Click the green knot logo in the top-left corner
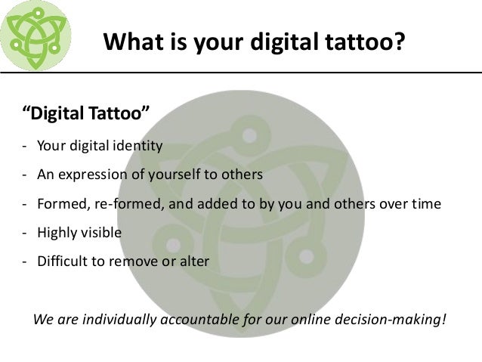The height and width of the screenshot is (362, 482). (x=36, y=35)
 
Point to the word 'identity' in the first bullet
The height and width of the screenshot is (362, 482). (x=138, y=145)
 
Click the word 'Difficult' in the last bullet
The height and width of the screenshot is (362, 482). (x=60, y=262)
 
